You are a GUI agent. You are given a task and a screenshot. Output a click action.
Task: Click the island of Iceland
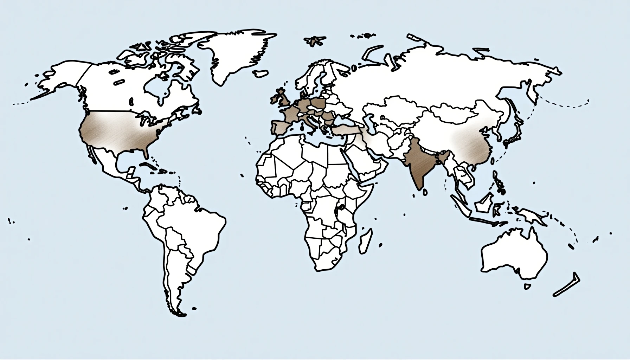tap(261, 74)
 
